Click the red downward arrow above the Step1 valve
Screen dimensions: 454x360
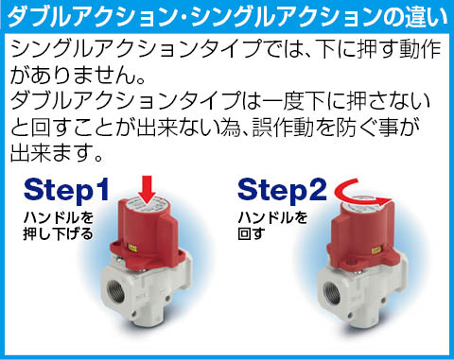147,190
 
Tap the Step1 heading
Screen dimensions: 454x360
66,190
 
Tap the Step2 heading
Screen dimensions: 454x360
282,190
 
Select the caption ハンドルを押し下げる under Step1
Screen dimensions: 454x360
59,226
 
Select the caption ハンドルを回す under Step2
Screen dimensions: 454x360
272,226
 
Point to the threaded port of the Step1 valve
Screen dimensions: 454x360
116,292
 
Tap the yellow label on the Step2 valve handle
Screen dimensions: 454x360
376,250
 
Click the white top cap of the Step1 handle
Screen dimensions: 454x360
147,206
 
